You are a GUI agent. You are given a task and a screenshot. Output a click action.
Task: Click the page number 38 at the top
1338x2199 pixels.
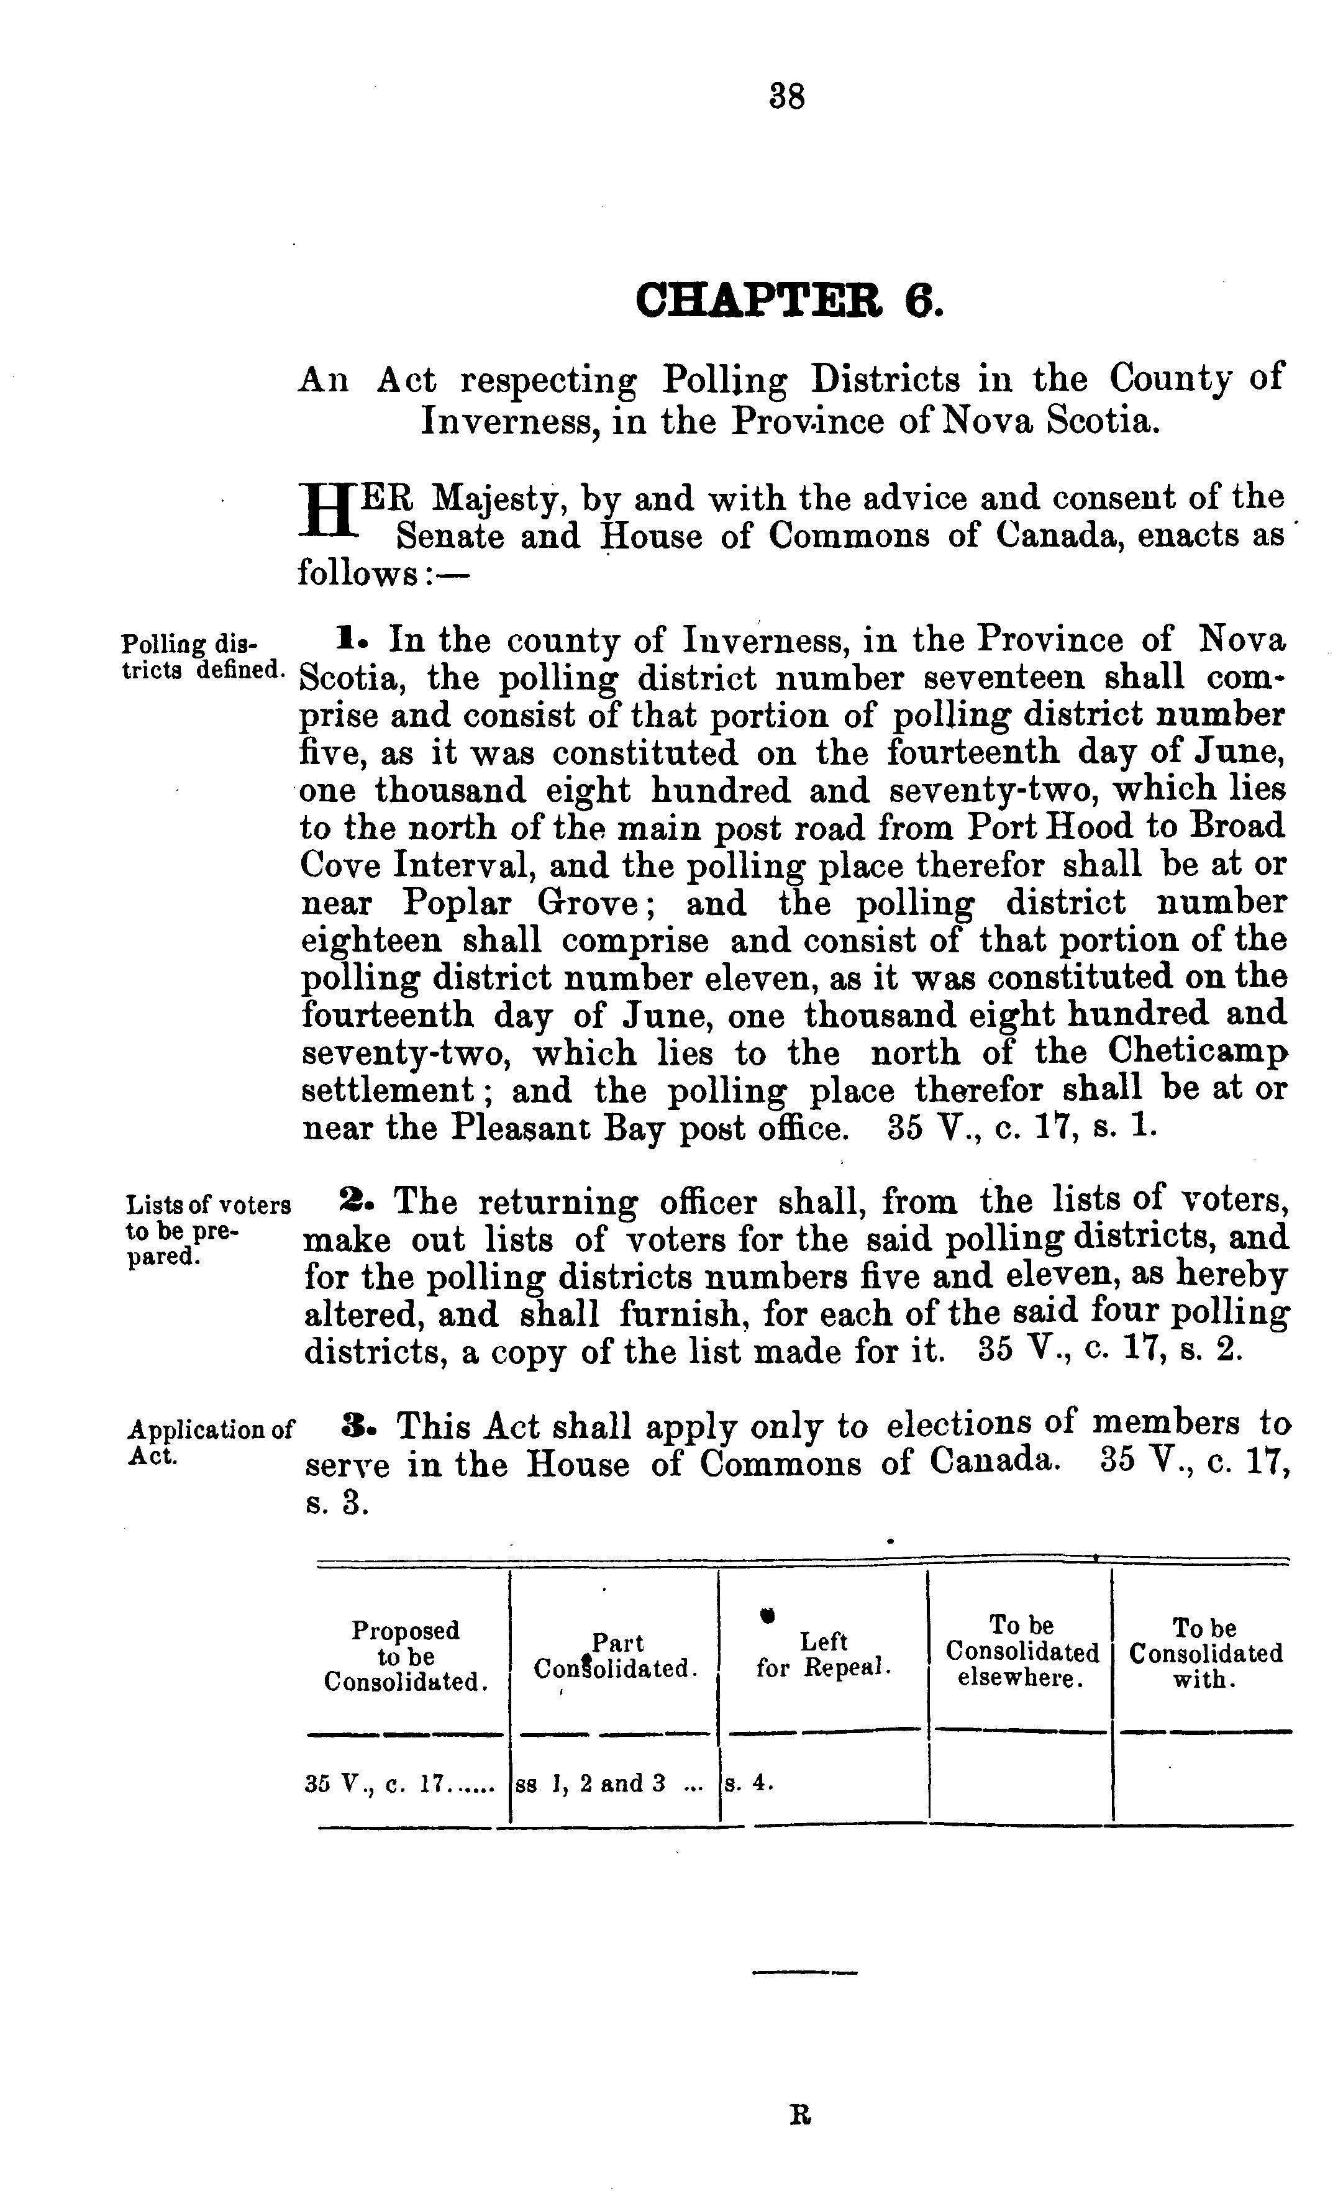click(x=786, y=96)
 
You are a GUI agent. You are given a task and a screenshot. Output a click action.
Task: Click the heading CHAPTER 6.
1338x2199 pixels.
click(x=788, y=301)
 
